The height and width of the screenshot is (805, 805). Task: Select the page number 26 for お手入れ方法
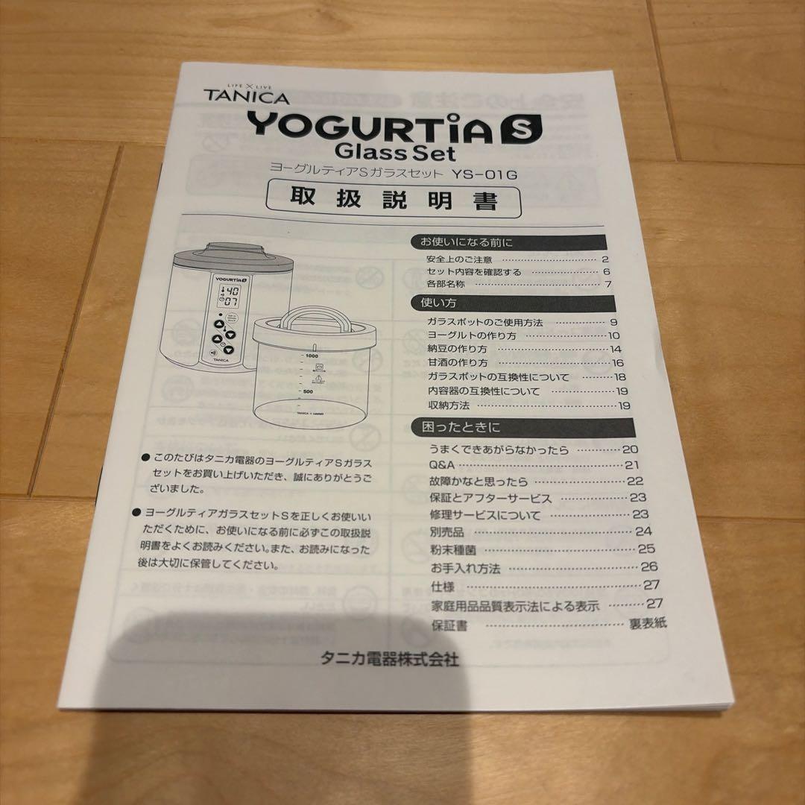[648, 566]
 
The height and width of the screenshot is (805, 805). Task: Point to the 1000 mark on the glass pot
[312, 359]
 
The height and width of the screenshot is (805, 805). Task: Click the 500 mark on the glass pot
[306, 391]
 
